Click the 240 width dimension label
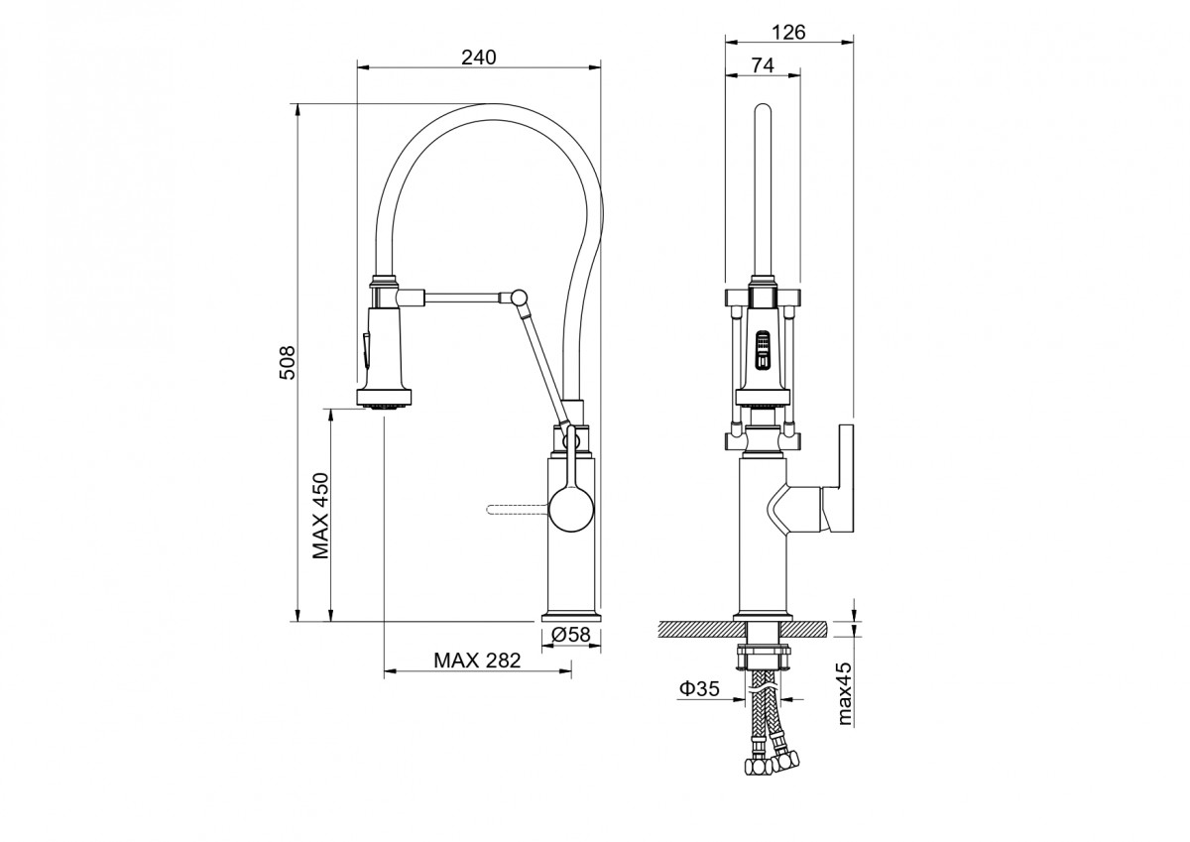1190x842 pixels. [x=478, y=58]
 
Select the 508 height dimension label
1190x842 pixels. [x=287, y=362]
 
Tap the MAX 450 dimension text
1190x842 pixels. [x=320, y=516]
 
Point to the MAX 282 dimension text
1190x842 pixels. [x=477, y=661]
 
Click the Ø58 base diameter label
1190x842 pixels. [x=570, y=635]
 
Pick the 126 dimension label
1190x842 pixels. [x=788, y=33]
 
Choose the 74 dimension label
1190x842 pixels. [x=763, y=65]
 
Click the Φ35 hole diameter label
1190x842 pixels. [x=700, y=689]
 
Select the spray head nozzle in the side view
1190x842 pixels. [x=384, y=407]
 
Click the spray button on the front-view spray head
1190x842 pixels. [x=763, y=349]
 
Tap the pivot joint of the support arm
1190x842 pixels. [x=519, y=297]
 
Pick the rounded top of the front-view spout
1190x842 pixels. [x=763, y=110]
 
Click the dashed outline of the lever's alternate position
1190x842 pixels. [x=517, y=510]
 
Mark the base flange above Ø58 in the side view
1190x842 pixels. [x=571, y=618]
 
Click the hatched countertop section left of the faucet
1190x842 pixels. [x=702, y=629]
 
